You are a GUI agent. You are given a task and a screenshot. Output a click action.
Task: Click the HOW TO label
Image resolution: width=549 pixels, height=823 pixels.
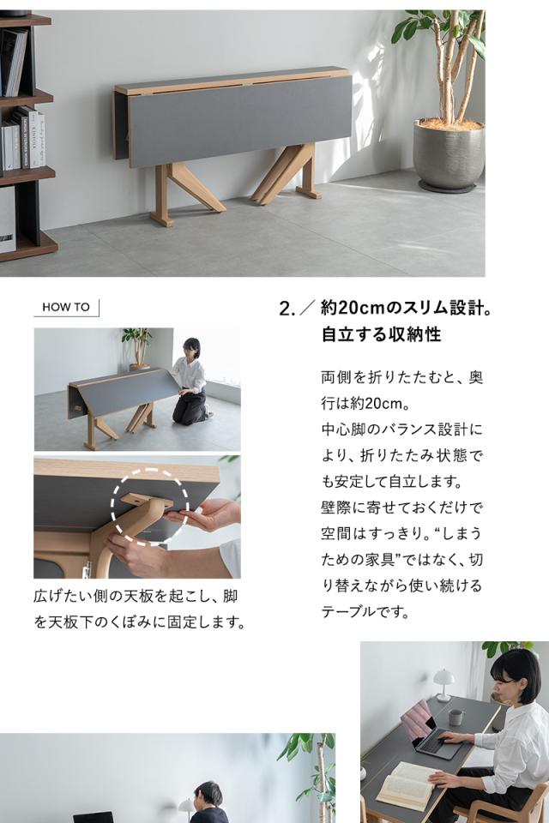[x=66, y=307]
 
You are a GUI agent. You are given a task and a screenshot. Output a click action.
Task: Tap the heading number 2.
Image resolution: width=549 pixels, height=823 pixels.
[x=287, y=309]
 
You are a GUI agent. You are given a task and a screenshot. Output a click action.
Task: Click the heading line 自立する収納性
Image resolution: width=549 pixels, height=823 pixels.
[x=381, y=334]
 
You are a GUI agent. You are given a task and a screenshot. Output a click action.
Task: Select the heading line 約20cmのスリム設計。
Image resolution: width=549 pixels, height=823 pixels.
[x=407, y=308]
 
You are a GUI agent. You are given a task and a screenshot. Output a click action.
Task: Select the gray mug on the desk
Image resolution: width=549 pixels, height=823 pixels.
[x=455, y=716]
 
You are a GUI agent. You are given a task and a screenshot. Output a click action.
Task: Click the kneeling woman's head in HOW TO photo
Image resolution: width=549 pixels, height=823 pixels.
[x=191, y=347]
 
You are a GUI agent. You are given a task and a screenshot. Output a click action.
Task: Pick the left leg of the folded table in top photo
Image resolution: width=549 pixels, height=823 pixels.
[x=180, y=192]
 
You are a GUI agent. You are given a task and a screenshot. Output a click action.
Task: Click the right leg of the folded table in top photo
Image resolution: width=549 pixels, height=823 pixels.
[x=287, y=175]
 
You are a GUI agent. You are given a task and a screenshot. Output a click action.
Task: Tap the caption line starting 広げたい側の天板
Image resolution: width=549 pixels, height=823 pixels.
[x=135, y=596]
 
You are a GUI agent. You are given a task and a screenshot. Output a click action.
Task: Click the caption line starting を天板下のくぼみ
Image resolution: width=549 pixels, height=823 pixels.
[x=139, y=622]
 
